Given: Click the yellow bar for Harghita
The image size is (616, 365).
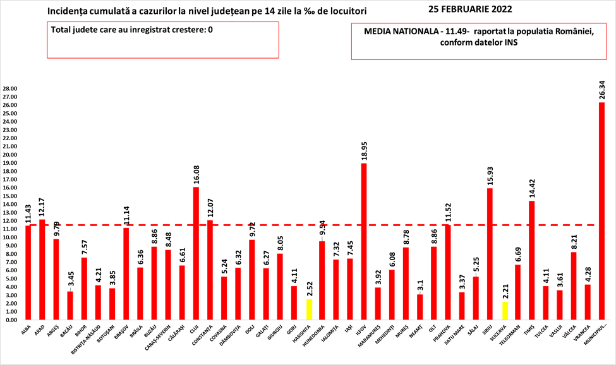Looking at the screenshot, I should (308, 309).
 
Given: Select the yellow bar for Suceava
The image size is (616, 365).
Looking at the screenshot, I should (504, 311).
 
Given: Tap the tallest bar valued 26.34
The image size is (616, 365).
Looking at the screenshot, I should (602, 211).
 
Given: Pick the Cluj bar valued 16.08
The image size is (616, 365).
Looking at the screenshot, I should (196, 253).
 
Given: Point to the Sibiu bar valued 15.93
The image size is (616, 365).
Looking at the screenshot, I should (490, 254).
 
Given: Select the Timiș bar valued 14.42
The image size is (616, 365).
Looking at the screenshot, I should (532, 260).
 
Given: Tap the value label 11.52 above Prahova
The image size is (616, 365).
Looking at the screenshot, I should (449, 210).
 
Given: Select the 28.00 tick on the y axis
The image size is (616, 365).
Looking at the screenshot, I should (11, 88).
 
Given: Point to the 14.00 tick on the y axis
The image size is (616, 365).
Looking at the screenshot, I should (11, 204).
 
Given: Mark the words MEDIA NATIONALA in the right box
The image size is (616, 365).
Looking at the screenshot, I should (397, 32).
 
